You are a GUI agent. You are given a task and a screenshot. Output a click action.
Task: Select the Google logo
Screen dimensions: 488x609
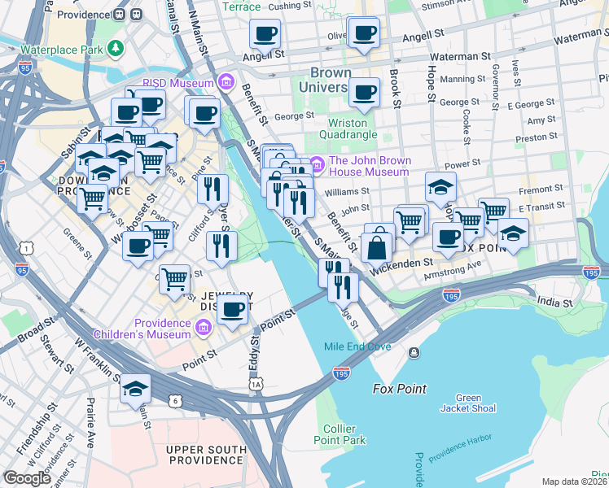point(27,478)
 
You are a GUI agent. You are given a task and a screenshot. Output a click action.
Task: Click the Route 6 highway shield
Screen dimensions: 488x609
point(174,400)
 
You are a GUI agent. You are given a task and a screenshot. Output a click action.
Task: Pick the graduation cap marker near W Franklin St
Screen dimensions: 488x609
point(135,390)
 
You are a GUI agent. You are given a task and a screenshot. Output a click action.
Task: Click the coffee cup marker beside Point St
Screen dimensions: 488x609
point(232,310)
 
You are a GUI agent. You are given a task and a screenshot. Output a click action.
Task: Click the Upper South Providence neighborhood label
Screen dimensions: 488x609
point(206,455)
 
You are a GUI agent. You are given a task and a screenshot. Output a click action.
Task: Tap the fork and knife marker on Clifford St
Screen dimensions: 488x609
point(212,190)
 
